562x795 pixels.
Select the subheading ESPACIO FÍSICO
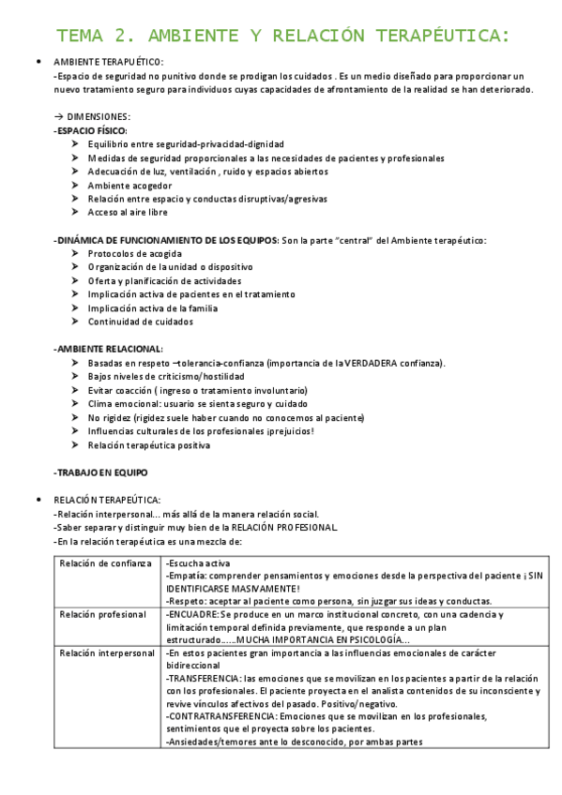point(92,130)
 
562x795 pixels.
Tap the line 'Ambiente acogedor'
point(129,186)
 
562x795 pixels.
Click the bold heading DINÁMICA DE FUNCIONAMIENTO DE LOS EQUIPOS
point(167,240)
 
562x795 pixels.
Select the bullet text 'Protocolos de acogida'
point(134,254)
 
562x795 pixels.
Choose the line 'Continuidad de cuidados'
point(140,322)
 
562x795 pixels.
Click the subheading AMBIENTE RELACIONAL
point(109,349)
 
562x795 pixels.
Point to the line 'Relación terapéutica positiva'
point(148,445)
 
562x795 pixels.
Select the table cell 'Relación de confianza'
point(105,563)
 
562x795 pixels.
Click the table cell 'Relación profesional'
point(102,615)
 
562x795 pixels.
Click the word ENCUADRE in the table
point(193,615)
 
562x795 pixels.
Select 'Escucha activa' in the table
point(198,563)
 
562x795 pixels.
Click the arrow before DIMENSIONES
point(58,116)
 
